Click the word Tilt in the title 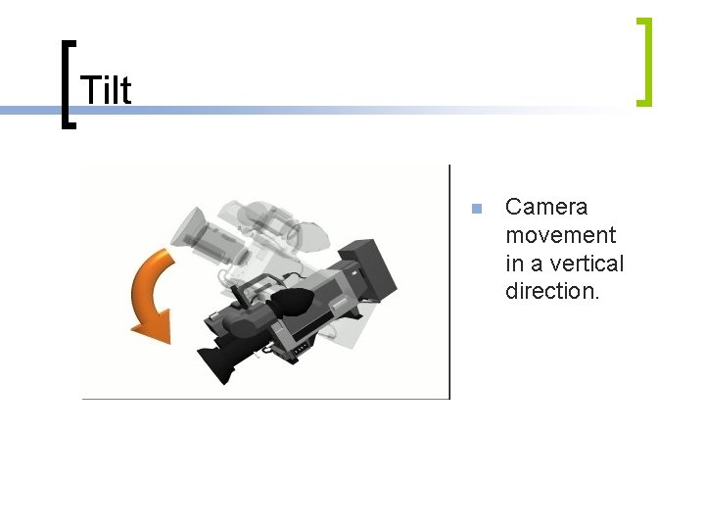point(105,90)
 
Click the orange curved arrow point(148,289)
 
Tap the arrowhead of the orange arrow point(152,324)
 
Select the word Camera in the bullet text point(546,207)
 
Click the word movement point(561,235)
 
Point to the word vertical point(587,264)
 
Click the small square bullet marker point(476,208)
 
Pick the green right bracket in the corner point(642,61)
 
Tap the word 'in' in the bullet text point(515,264)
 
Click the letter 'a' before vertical point(540,264)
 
